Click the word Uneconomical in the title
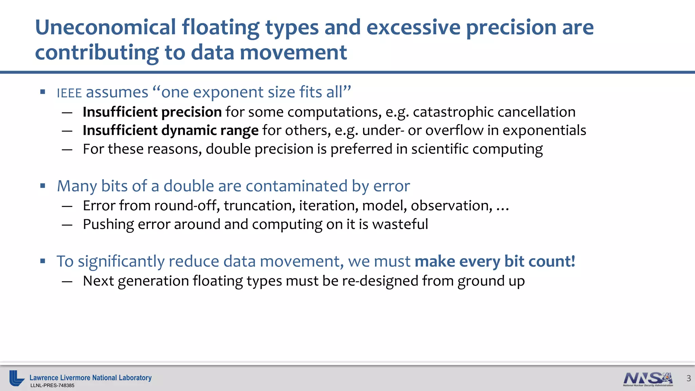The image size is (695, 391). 106,27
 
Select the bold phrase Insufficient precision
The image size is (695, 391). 152,112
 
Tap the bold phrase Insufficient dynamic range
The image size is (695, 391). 170,131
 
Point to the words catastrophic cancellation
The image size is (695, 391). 494,112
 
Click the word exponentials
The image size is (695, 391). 544,131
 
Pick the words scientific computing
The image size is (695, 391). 477,149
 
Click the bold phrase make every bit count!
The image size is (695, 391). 495,262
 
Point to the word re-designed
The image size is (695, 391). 380,281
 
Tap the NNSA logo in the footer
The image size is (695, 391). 648,379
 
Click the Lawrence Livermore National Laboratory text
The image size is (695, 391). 90,378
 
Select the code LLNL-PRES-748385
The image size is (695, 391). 52,386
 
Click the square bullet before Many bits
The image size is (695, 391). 43,186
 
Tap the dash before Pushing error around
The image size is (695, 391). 67,225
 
